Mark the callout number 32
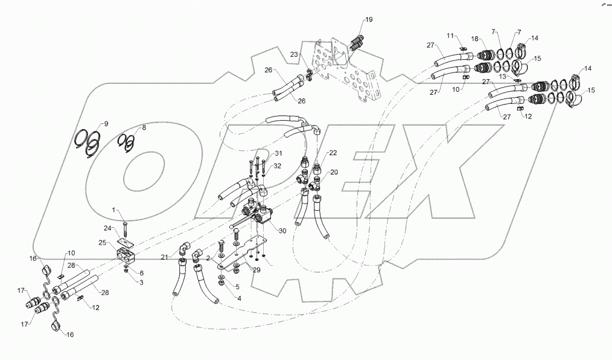(x=277, y=166)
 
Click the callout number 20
(x=334, y=172)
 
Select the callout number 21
(x=163, y=257)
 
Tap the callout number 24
(x=108, y=228)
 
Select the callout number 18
(x=475, y=39)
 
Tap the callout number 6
(x=141, y=273)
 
